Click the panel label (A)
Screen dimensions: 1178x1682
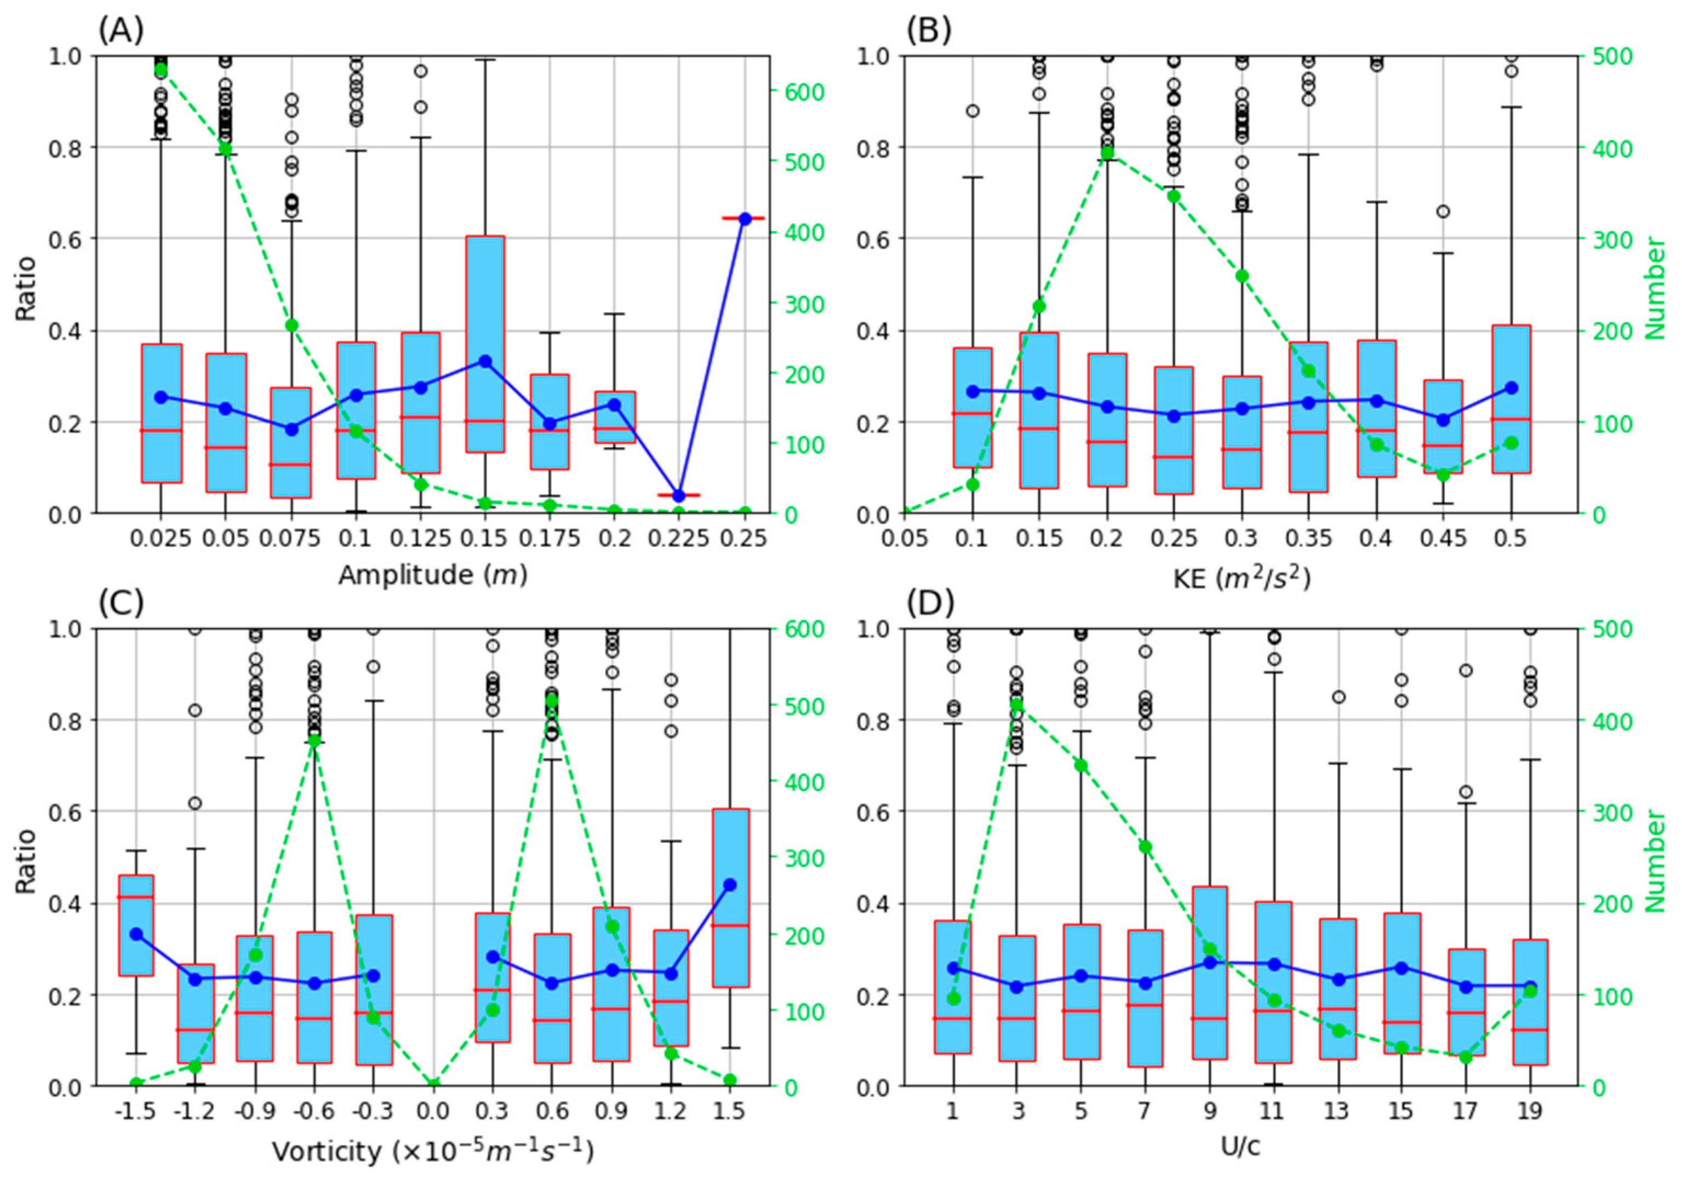121,31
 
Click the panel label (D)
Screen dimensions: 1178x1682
930,604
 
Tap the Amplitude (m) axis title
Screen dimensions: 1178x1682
432,575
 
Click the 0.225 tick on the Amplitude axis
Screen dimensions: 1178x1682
679,539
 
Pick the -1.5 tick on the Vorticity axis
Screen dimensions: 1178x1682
135,1111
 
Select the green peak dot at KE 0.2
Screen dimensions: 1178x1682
1107,152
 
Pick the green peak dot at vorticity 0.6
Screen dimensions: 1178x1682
552,701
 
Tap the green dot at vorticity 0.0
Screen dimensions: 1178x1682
433,1084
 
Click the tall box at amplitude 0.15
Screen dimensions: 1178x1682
485,343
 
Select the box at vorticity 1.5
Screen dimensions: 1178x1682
730,897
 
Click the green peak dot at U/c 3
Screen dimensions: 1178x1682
1017,705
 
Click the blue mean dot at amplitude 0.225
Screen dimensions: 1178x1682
678,496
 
